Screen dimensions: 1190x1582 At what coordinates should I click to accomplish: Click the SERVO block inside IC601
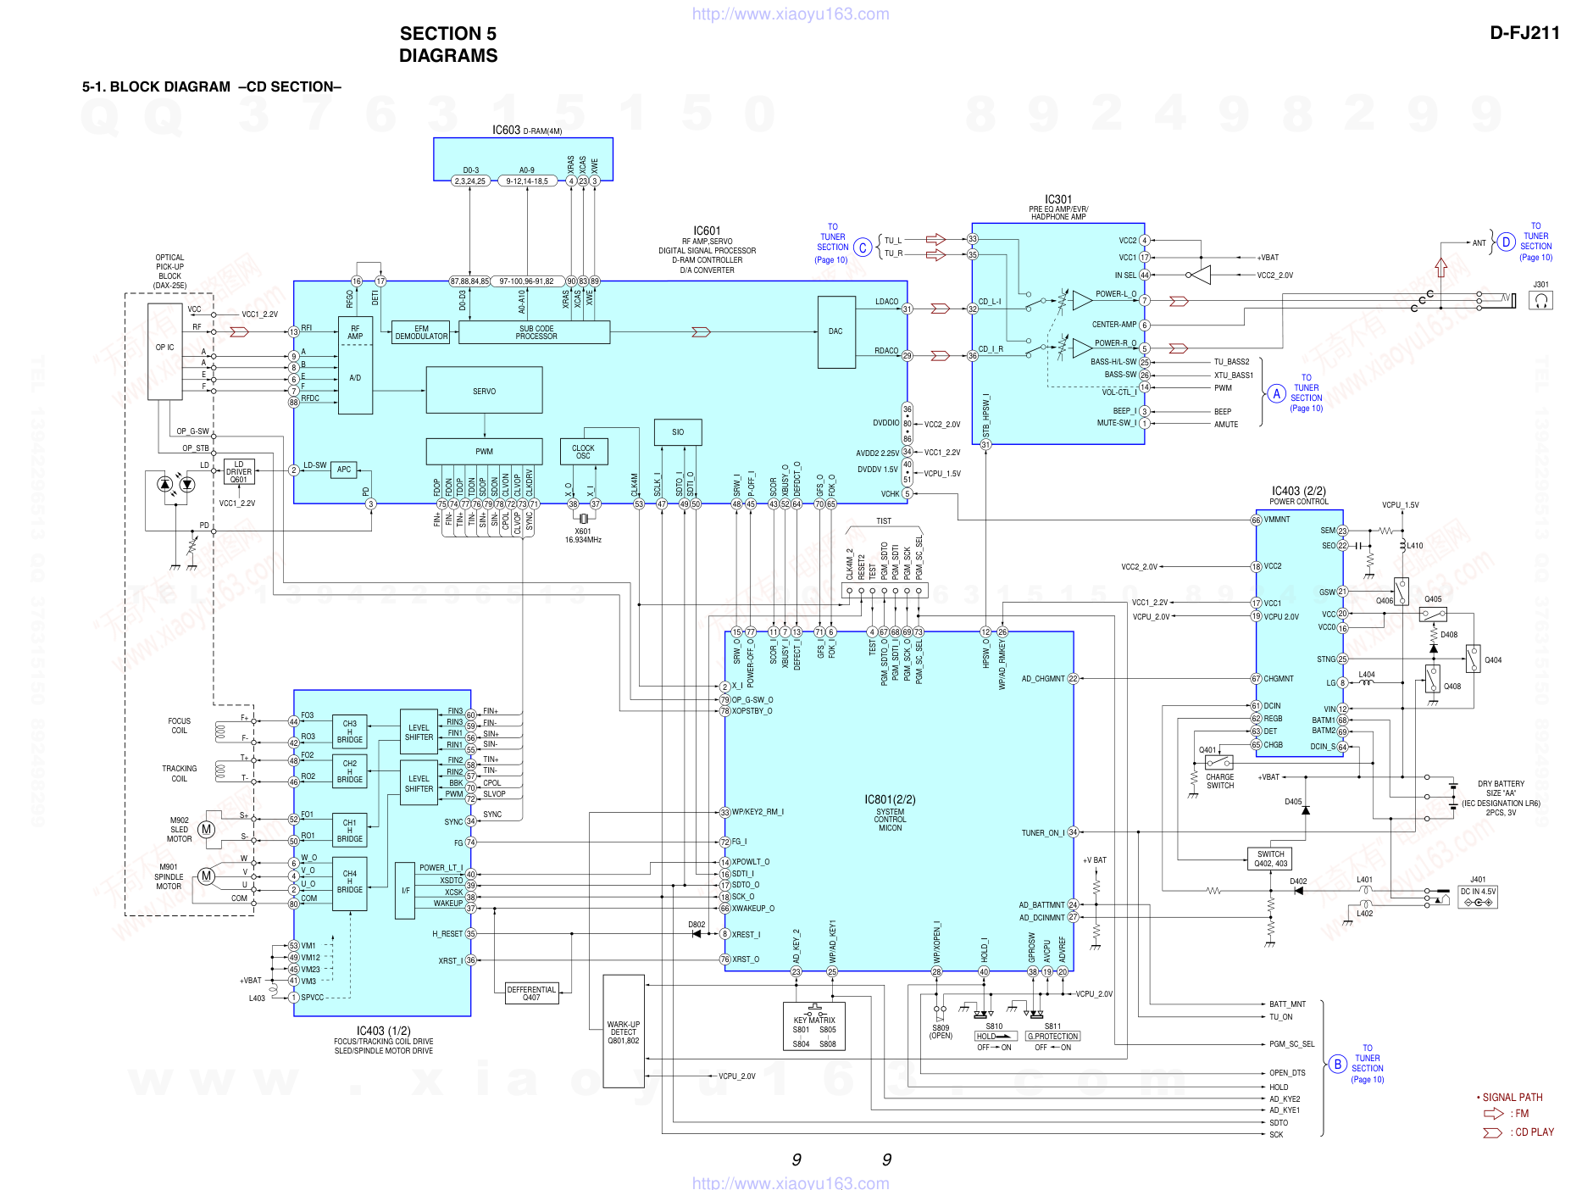484,391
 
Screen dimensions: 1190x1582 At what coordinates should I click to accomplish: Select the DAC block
835,331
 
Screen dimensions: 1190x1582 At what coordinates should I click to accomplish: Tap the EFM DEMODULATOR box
421,332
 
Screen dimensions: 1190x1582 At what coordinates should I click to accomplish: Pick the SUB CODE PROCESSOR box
536,332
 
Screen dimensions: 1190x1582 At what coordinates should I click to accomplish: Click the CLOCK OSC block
583,452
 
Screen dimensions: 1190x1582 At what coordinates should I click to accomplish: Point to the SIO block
678,432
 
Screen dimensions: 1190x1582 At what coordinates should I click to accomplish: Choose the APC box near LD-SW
344,470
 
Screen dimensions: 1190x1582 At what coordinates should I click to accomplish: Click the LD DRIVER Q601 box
239,472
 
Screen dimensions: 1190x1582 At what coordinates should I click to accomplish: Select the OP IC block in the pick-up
165,348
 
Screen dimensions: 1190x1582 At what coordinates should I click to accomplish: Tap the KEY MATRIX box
814,1026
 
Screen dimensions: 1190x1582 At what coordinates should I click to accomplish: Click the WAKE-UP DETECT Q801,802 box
624,1032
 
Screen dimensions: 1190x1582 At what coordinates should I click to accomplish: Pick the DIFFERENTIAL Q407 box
531,993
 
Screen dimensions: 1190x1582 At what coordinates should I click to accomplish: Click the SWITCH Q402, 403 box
1270,859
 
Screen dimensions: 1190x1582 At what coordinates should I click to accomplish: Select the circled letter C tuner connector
863,247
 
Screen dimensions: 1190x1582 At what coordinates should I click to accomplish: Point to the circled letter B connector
1337,1065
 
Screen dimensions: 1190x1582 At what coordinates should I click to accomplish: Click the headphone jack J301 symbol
1540,300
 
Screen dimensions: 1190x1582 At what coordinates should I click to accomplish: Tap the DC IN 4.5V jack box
1478,897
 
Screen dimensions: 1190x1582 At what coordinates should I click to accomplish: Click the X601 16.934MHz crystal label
583,536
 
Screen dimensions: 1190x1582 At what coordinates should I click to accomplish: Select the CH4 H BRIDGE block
350,881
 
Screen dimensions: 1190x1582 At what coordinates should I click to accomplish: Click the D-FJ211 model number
1524,33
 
